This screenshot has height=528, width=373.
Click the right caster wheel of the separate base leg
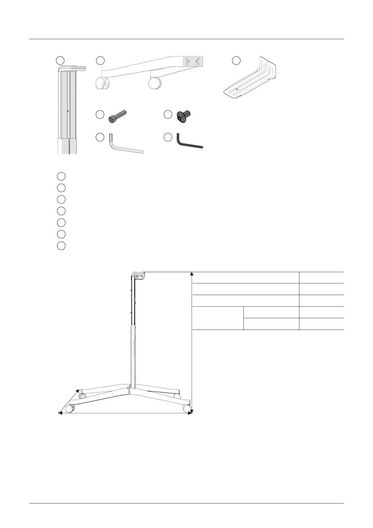click(x=155, y=83)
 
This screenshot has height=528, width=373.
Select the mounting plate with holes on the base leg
click(x=193, y=61)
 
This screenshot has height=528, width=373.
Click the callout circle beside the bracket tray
click(x=236, y=61)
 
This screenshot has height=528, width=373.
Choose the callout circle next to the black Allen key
click(x=168, y=137)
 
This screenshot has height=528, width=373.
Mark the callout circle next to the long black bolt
click(x=100, y=115)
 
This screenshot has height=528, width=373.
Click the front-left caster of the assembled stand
click(x=70, y=409)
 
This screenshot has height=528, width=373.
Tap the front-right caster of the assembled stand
click(x=187, y=408)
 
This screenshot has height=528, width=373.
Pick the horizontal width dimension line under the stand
click(x=125, y=413)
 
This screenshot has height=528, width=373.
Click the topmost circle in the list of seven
click(x=61, y=176)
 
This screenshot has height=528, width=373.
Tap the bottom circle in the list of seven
click(x=61, y=246)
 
